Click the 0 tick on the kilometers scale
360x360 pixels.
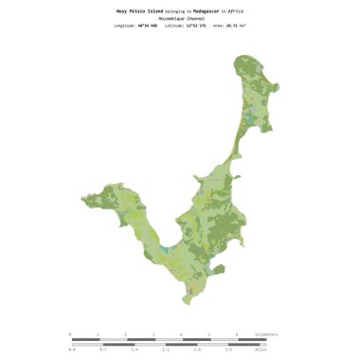pos(70,334)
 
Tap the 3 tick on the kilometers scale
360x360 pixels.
pos(153,334)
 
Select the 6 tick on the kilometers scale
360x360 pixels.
pos(237,334)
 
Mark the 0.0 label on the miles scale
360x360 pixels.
pos(71,350)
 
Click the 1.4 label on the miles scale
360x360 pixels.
pos(134,350)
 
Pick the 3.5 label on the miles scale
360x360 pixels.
pos(228,350)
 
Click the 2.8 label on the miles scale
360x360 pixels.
pos(197,350)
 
